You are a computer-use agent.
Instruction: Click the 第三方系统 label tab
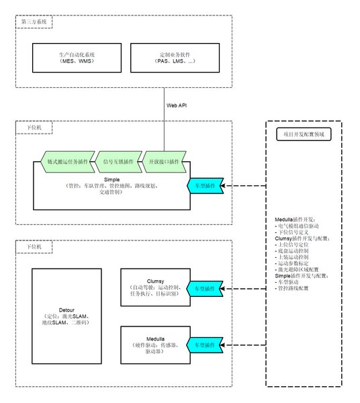coord(35,22)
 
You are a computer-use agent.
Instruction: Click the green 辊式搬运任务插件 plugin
coord(67,162)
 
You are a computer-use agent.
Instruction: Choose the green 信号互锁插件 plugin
coord(118,162)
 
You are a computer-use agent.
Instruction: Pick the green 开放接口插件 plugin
coord(165,162)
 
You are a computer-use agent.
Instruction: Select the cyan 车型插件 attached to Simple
coord(205,185)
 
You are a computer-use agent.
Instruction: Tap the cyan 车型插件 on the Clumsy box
coord(205,288)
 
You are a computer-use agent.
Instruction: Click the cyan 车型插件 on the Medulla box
coord(205,344)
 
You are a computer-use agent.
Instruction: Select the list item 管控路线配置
coord(294,287)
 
